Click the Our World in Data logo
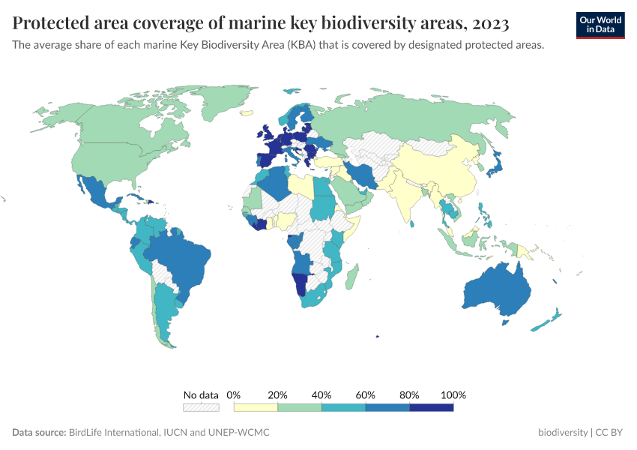600,25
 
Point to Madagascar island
350,278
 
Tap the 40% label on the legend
321,394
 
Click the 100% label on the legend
453,394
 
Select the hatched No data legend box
201,407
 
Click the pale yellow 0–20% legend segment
256,407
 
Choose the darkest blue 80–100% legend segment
432,407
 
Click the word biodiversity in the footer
563,433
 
